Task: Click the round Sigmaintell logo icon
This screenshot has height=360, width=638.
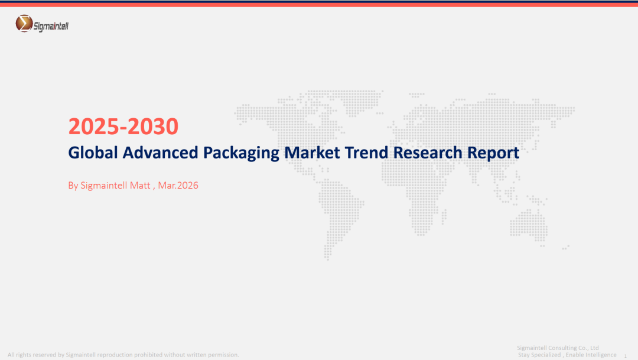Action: coord(24,23)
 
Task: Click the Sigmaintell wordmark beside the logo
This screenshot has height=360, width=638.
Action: coord(51,27)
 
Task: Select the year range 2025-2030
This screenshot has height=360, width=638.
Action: coord(123,127)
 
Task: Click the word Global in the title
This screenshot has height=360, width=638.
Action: coord(93,153)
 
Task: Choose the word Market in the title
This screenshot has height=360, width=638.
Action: coord(312,153)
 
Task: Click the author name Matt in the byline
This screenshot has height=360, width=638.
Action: coord(140,185)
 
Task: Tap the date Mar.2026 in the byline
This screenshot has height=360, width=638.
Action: coord(178,185)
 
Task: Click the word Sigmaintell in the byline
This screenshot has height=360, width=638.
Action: coord(103,186)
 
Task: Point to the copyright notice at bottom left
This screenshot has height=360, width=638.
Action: coord(123,355)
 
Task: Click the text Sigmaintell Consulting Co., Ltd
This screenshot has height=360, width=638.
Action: coord(558,348)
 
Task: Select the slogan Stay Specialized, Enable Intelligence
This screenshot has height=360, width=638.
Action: coord(567,355)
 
